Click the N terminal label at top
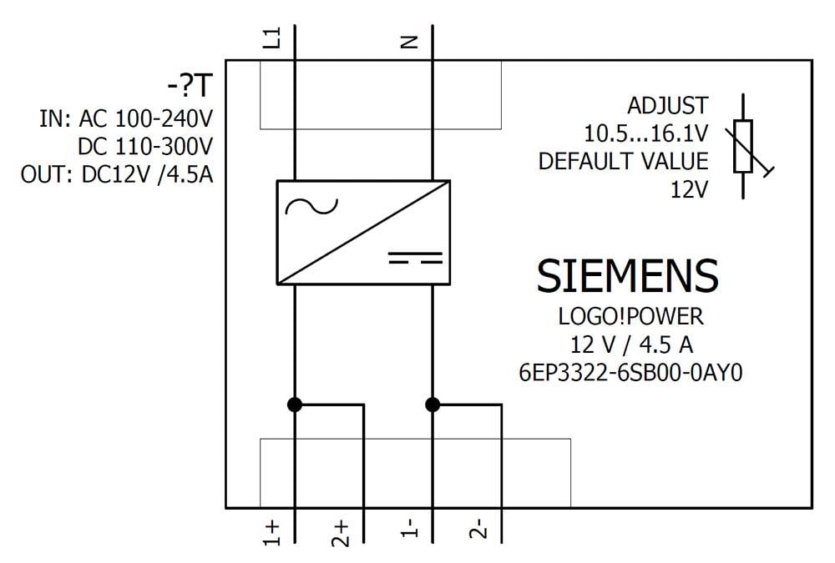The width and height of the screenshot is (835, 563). click(409, 40)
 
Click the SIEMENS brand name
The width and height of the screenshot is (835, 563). click(627, 275)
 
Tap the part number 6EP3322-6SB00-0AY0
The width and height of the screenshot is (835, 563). click(630, 372)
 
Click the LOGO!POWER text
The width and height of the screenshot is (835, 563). click(630, 318)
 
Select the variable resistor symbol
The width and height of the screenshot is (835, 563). click(744, 147)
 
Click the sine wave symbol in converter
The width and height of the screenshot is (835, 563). click(311, 204)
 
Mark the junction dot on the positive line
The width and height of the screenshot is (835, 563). click(294, 405)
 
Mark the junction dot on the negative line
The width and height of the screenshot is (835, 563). click(432, 405)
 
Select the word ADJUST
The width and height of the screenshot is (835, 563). click(667, 106)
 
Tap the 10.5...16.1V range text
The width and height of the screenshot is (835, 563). click(645, 133)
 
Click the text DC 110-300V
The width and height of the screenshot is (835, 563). click(145, 147)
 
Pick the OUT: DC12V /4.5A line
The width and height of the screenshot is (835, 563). click(116, 175)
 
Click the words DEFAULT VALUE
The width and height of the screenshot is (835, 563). click(623, 161)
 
